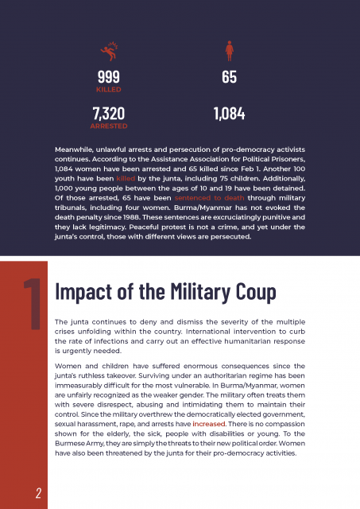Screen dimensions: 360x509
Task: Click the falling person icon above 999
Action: [x=109, y=51]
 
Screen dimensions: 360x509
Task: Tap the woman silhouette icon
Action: [x=230, y=51]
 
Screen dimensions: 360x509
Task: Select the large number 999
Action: [x=109, y=77]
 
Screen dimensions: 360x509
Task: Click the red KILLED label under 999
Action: [x=109, y=90]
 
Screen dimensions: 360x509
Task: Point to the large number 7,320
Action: [x=109, y=114]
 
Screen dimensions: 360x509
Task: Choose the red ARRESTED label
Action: [x=109, y=126]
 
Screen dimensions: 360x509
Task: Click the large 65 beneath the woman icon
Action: [x=230, y=77]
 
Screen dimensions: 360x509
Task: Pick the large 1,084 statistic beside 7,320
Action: [x=230, y=114]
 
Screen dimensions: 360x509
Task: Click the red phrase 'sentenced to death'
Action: [x=209, y=198]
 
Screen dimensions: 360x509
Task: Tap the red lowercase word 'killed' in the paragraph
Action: [x=126, y=178]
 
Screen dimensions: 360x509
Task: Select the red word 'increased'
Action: [x=208, y=424]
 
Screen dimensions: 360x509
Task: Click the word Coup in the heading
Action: [x=256, y=292]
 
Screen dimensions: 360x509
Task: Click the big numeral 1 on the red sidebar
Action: [x=33, y=304]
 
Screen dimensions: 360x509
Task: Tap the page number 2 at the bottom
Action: [x=39, y=493]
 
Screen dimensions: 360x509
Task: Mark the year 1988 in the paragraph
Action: [x=131, y=217]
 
